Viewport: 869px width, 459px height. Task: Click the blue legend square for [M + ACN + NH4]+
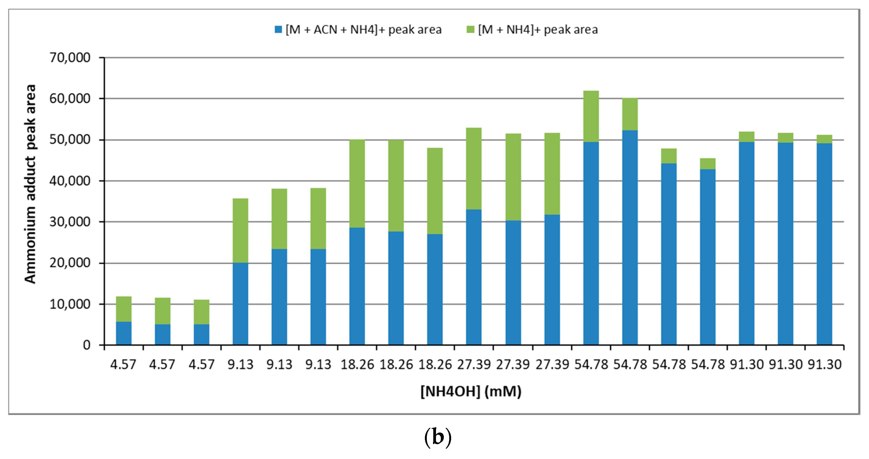pyautogui.click(x=278, y=30)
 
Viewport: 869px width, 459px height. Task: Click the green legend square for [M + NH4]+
pyautogui.click(x=470, y=30)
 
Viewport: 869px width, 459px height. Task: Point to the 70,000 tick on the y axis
pyautogui.click(x=70, y=58)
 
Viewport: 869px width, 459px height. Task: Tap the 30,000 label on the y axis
pyautogui.click(x=70, y=222)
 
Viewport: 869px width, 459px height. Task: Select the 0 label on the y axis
pyautogui.click(x=87, y=345)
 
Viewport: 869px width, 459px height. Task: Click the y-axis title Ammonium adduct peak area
pyautogui.click(x=30, y=184)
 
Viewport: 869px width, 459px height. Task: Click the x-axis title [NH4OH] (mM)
pyautogui.click(x=471, y=391)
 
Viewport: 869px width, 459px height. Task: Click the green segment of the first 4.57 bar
pyautogui.click(x=124, y=309)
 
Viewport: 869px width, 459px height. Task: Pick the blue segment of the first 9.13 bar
pyautogui.click(x=240, y=303)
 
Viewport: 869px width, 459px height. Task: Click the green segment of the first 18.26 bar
pyautogui.click(x=357, y=184)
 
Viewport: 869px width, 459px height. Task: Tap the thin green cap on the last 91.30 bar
pyautogui.click(x=824, y=139)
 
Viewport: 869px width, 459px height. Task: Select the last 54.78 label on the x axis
pyautogui.click(x=707, y=364)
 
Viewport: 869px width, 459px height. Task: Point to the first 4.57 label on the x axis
pyautogui.click(x=123, y=364)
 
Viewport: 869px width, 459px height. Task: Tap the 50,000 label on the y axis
pyautogui.click(x=70, y=140)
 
